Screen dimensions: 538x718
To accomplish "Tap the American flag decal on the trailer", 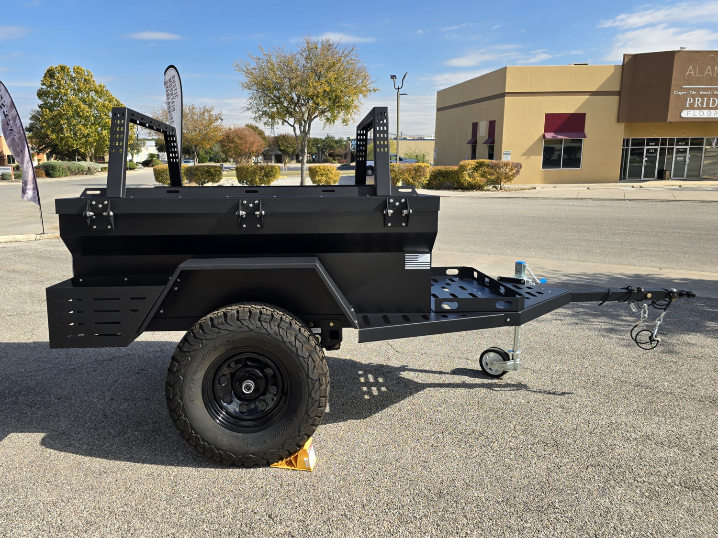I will (417, 261).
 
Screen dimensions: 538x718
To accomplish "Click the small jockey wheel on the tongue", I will (494, 362).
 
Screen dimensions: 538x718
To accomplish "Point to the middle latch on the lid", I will (250, 212).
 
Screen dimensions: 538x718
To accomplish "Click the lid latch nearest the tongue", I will (397, 211).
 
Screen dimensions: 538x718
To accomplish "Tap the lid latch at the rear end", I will (99, 214).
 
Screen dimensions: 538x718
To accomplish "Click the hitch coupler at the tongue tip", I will (682, 294).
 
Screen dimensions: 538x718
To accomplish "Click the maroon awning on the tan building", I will (564, 125).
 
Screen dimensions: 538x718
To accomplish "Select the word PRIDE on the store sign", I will (701, 102).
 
